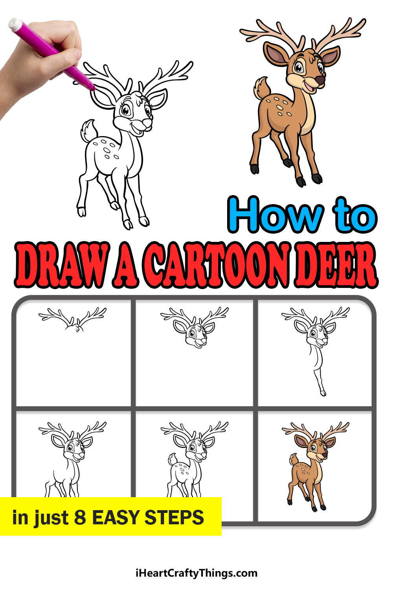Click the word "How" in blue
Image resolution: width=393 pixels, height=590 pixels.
(x=275, y=215)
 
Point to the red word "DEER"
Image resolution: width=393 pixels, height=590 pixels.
(x=336, y=265)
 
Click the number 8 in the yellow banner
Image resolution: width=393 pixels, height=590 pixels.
(x=80, y=517)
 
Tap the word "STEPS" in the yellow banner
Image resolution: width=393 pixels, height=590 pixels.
(x=174, y=517)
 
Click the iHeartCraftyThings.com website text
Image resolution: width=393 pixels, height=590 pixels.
(x=196, y=573)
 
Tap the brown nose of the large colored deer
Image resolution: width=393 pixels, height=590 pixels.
(x=320, y=80)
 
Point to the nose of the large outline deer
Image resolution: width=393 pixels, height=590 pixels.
(x=147, y=122)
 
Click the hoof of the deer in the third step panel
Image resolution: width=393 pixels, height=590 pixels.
(x=323, y=394)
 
